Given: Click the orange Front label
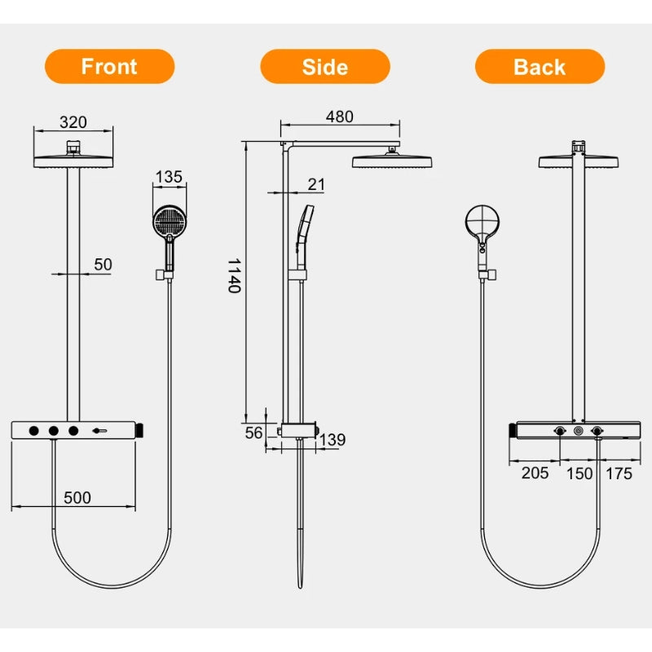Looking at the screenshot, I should [x=109, y=67].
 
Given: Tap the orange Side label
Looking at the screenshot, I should [x=324, y=67].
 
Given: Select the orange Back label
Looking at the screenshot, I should [x=540, y=67].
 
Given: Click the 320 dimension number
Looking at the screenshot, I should [x=73, y=122].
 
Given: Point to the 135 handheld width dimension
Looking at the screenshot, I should [x=169, y=177].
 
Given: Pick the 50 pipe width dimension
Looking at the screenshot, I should [x=104, y=264].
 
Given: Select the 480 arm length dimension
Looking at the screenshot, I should [x=339, y=117].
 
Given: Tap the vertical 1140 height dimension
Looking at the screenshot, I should [x=233, y=275].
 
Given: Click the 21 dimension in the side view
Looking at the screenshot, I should [x=316, y=184].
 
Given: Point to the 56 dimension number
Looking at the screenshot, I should [x=253, y=433].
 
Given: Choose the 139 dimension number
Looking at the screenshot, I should [x=333, y=440].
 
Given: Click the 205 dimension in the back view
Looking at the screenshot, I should [x=535, y=474].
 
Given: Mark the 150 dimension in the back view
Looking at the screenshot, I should [x=579, y=474].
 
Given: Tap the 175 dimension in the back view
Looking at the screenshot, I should [x=619, y=474].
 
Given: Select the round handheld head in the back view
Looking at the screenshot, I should [x=482, y=220].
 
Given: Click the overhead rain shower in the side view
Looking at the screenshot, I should [x=392, y=161].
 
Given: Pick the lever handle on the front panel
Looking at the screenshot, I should [x=102, y=430].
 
